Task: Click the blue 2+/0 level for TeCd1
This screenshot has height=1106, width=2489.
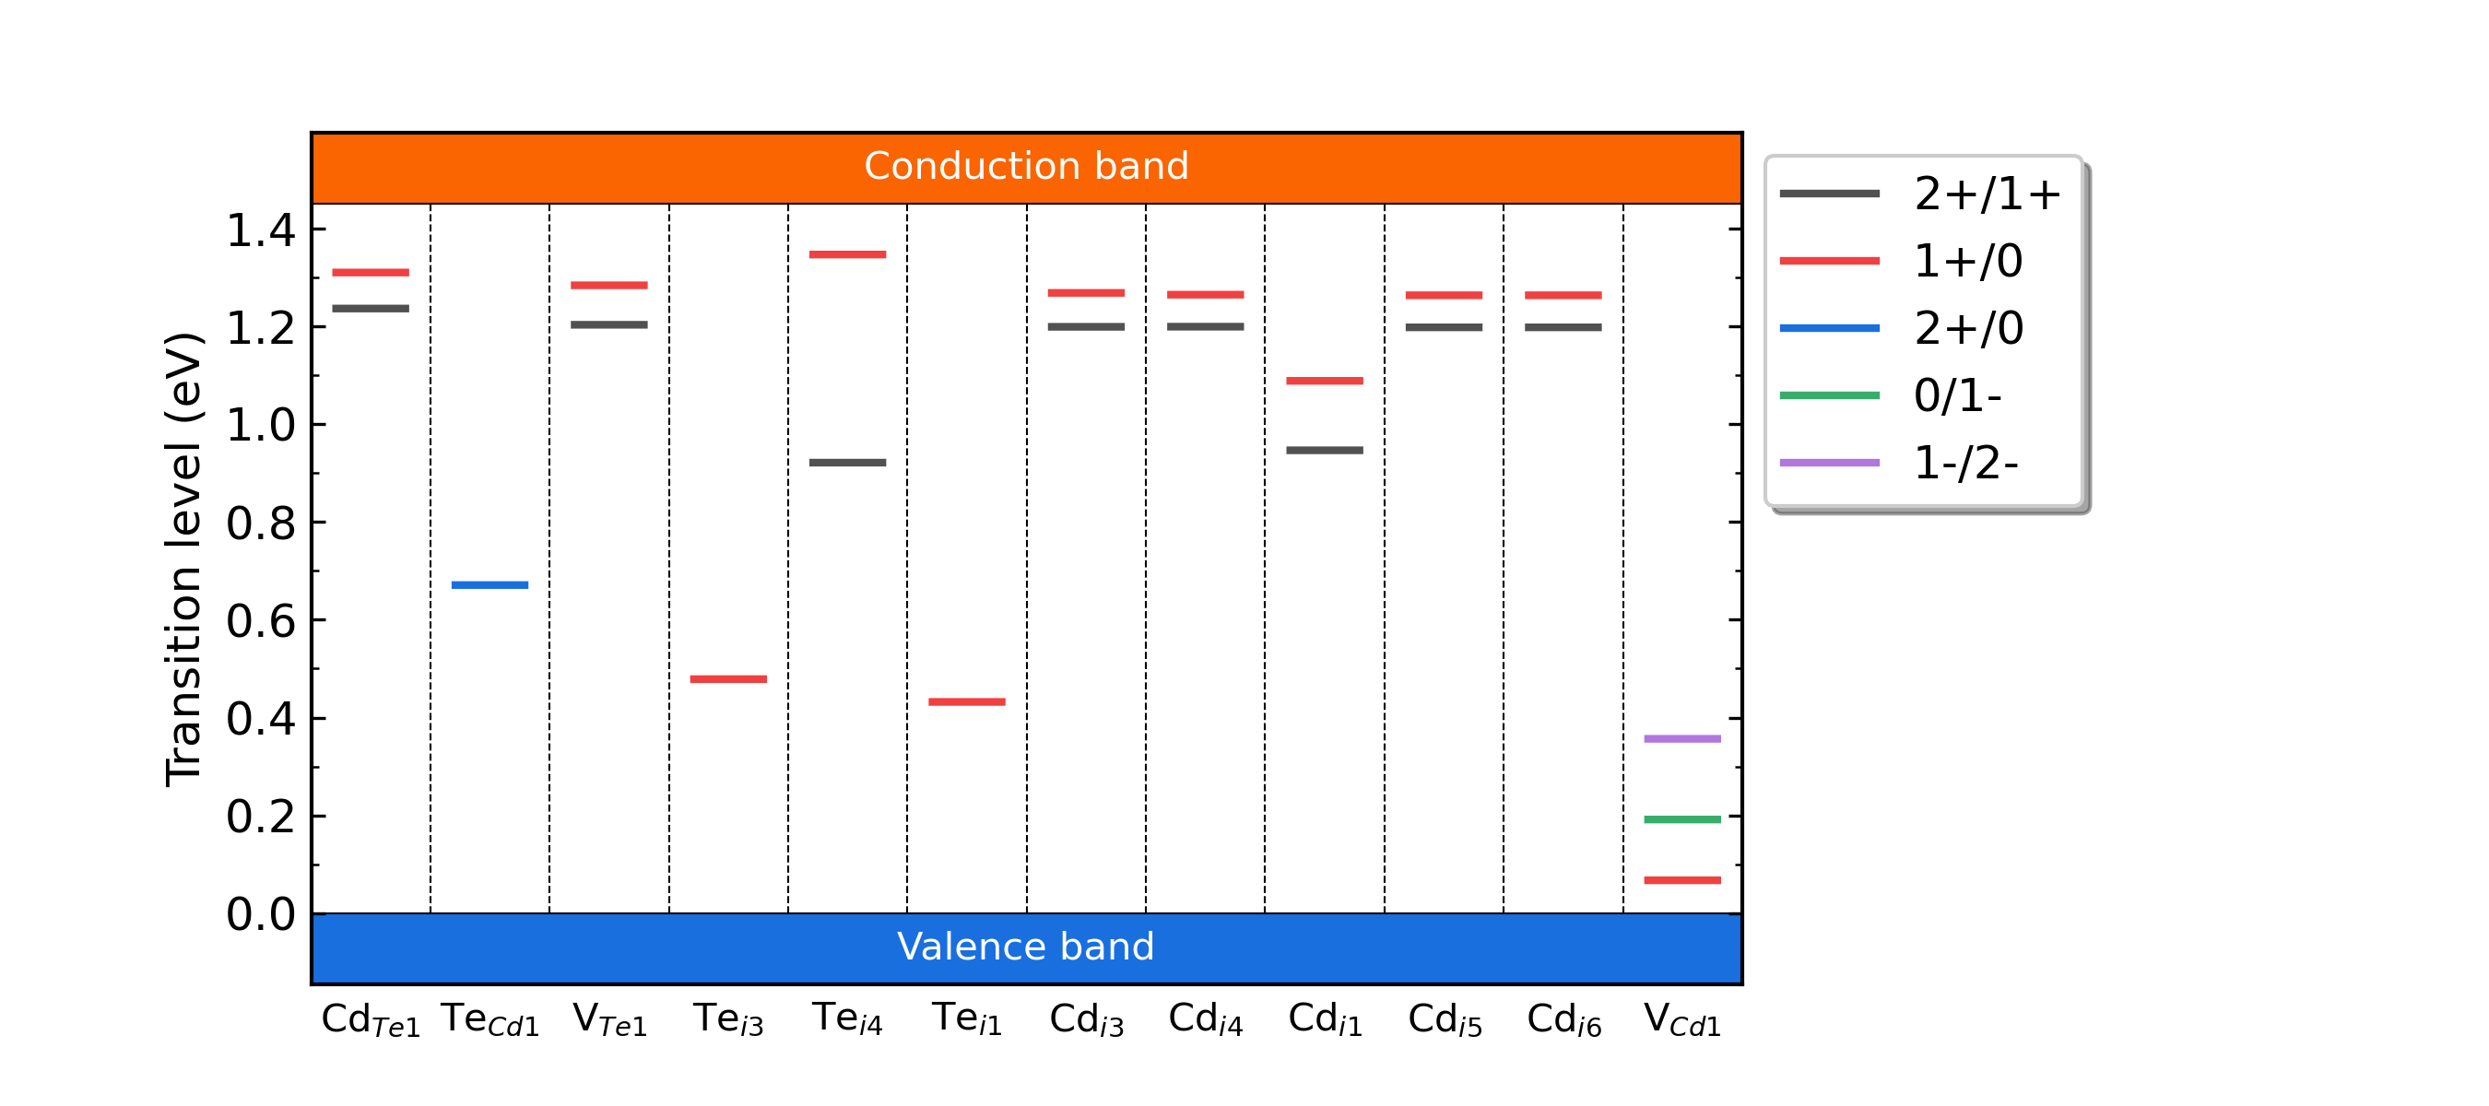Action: (490, 585)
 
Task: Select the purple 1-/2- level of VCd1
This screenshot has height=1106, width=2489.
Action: (1682, 739)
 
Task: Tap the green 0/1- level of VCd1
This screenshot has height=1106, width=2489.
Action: (1682, 820)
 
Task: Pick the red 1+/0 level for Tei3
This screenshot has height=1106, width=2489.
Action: (728, 679)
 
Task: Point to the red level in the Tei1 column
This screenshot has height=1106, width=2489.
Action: (967, 702)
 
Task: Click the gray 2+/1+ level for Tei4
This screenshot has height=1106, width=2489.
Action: (847, 463)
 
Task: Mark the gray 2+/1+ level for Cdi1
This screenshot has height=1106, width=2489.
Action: (1325, 450)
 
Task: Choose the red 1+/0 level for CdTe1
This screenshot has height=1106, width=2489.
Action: (371, 273)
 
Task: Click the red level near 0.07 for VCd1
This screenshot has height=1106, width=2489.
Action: (1682, 880)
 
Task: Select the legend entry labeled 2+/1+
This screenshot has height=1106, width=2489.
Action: (1987, 194)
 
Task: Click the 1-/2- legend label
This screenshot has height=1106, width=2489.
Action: (1965, 464)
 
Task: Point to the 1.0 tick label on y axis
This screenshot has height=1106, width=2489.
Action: (260, 425)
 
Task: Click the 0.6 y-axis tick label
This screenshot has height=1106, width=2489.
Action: (260, 621)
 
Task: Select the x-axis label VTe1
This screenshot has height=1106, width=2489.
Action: (609, 1020)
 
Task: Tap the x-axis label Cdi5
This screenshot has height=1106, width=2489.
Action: (1445, 1020)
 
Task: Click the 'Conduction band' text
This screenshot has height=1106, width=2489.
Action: (1026, 166)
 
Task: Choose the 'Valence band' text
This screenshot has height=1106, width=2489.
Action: (1026, 947)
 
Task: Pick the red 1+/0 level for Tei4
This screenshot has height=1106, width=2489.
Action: (847, 255)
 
